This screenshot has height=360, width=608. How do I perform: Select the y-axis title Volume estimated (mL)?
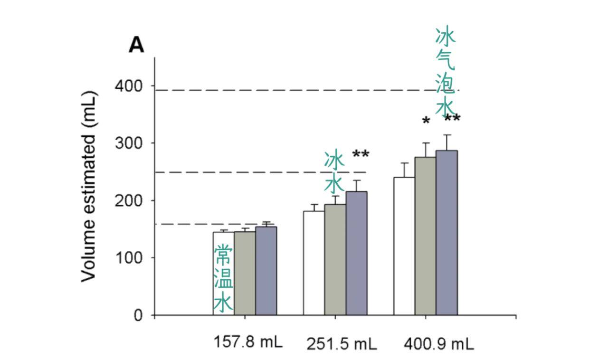tap(89, 186)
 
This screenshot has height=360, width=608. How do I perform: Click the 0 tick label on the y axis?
tap(138, 315)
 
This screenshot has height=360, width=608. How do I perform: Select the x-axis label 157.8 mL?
tap(248, 342)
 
